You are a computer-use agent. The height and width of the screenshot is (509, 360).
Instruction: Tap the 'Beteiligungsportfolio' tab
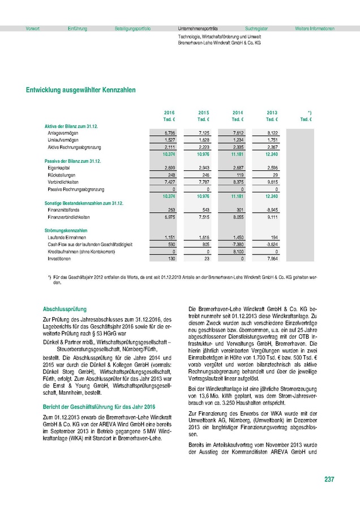[132, 28]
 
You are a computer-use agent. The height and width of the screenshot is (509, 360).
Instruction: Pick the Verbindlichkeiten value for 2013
[272, 183]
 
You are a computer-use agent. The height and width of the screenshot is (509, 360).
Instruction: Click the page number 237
[329, 480]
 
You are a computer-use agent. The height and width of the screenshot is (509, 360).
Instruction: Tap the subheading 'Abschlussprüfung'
[65, 309]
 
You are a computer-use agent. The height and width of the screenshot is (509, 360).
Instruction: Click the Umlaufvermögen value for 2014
[238, 139]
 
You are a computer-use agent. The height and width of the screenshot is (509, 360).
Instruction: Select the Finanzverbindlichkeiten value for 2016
[169, 217]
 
